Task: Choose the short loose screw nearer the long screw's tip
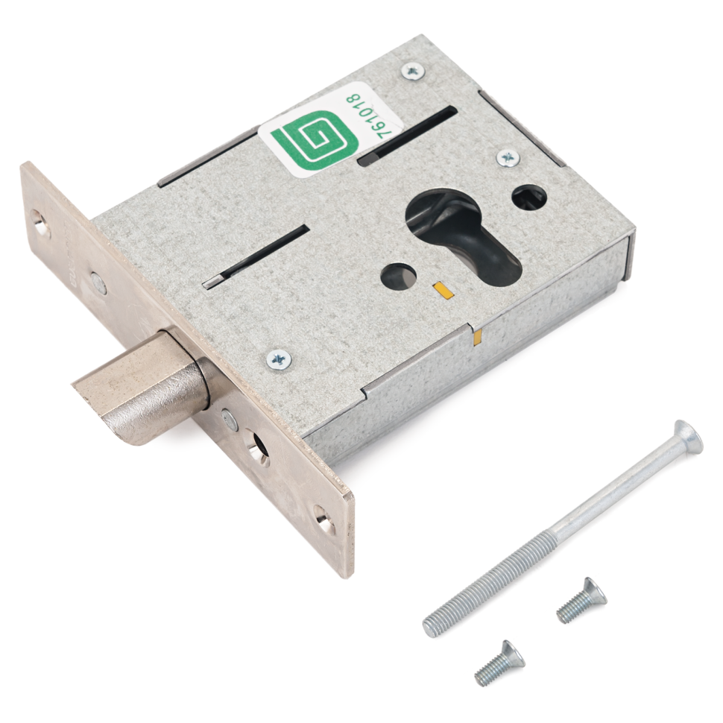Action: [582, 599]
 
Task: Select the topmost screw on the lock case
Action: [413, 72]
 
